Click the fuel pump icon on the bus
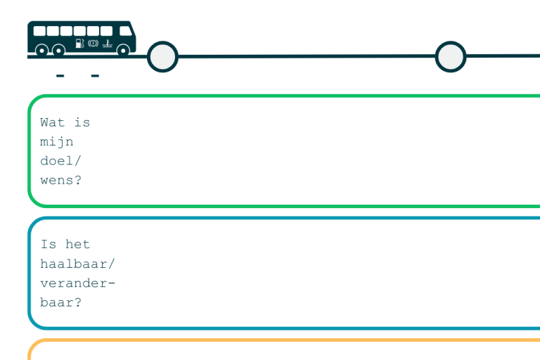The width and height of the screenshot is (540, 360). (x=79, y=44)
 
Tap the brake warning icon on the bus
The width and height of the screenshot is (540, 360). (x=93, y=44)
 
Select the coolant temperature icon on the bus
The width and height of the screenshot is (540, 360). (x=108, y=44)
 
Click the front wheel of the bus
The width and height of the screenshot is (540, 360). (x=123, y=51)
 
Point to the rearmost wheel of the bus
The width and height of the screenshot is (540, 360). (x=41, y=51)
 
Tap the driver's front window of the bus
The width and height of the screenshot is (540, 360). (x=125, y=31)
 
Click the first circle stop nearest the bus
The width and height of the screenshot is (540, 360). (x=162, y=57)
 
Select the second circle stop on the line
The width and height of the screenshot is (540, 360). (x=451, y=57)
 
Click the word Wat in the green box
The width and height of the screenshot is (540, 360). (x=52, y=122)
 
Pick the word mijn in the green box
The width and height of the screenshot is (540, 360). (x=56, y=142)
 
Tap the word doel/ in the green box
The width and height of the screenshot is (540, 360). (x=60, y=161)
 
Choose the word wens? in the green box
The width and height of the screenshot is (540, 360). (x=60, y=180)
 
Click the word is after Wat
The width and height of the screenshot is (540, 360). (x=82, y=122)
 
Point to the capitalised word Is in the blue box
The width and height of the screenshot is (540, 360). (x=49, y=244)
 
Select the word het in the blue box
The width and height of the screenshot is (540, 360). (x=77, y=244)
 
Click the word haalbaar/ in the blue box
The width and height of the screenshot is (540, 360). (x=77, y=264)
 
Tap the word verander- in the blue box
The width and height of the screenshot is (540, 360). (x=77, y=283)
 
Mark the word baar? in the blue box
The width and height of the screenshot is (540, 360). (x=60, y=302)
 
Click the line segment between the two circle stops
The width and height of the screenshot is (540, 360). (x=307, y=56)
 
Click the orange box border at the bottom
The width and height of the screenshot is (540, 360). (x=284, y=340)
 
